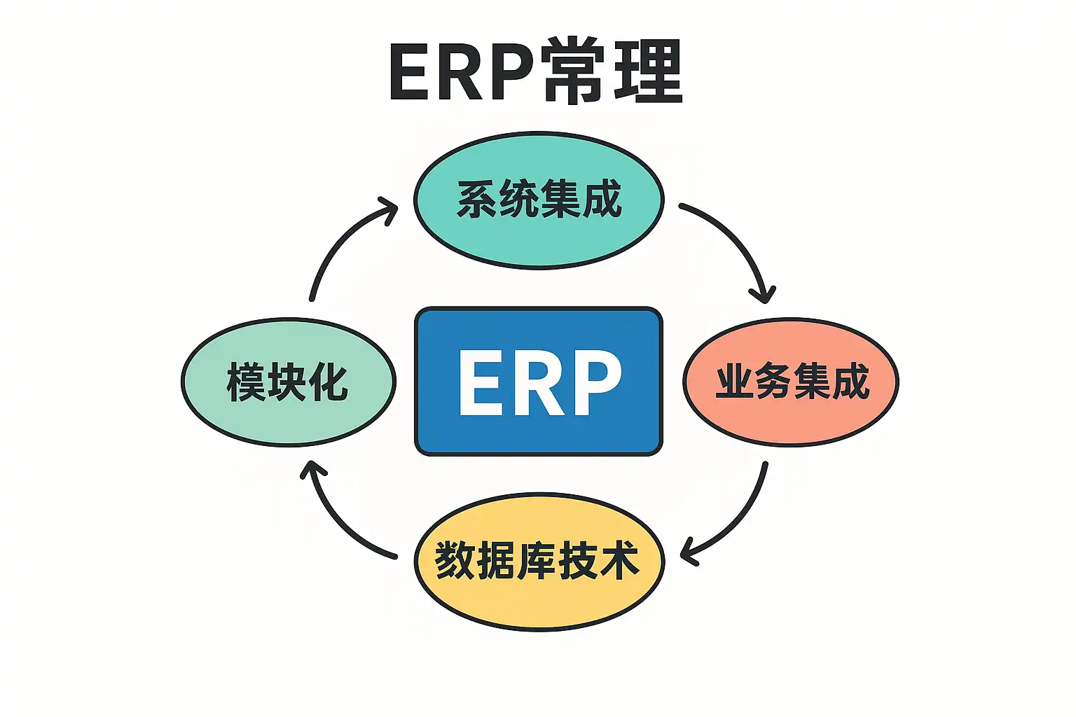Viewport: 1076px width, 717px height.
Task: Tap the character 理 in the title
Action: [x=647, y=71]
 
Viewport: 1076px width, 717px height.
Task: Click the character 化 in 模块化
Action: [x=329, y=382]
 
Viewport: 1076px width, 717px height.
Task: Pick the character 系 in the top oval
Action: [x=477, y=200]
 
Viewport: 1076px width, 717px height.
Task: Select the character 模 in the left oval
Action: [x=246, y=382]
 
